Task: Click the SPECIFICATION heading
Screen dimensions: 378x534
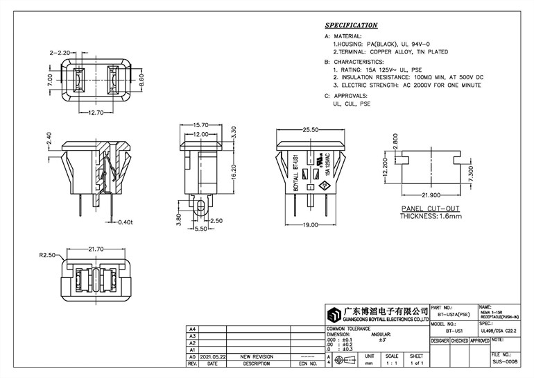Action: coord(352,26)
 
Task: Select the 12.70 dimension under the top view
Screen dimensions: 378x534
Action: coord(92,112)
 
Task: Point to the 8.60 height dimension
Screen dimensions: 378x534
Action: coord(141,80)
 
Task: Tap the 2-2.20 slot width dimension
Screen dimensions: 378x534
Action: coord(61,53)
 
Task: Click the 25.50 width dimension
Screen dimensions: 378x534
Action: coord(310,130)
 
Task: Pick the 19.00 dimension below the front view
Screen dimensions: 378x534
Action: coord(310,224)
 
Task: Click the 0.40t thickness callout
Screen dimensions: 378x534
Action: coord(125,222)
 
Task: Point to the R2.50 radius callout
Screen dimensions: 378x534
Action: coord(47,255)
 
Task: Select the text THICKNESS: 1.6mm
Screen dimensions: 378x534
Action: coord(431,216)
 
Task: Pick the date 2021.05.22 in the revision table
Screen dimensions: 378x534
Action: coord(212,356)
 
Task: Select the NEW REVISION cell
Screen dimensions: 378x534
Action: coord(257,356)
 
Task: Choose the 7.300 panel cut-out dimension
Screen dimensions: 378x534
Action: coord(472,170)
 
